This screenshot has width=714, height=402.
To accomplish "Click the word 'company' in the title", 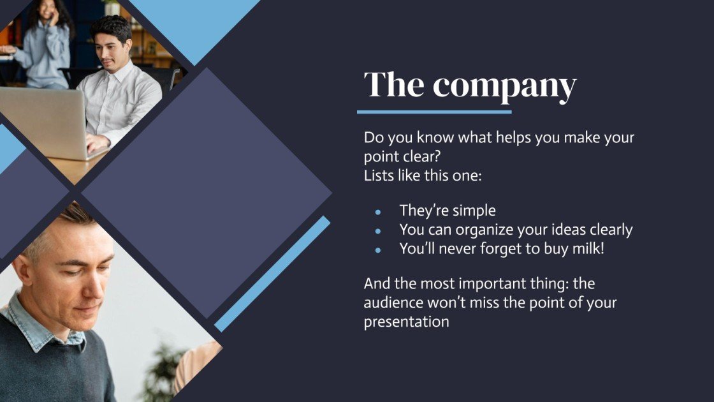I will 504,86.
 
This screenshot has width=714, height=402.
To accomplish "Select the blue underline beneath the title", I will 434,112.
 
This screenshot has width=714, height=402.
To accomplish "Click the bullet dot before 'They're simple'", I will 378,212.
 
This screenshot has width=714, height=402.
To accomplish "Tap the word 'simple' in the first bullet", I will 473,211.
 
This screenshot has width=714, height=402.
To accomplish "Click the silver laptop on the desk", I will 41,121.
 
